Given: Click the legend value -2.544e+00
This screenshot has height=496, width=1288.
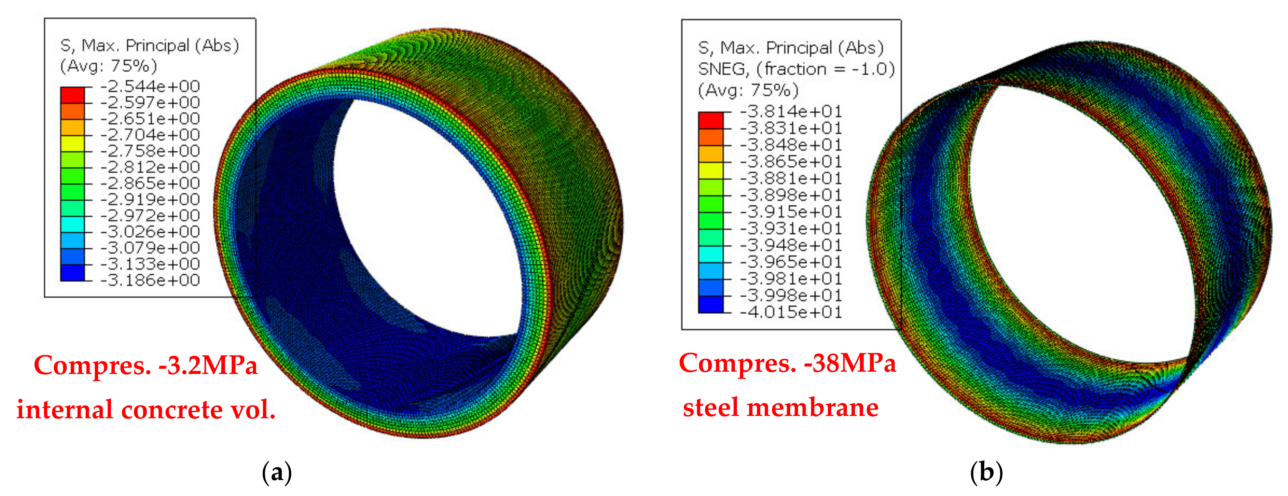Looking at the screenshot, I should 150,87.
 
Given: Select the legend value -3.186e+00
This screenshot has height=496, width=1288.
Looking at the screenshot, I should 150,280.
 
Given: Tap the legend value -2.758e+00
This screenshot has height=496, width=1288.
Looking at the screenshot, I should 150,151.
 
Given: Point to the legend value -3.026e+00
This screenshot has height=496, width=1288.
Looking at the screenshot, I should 150,231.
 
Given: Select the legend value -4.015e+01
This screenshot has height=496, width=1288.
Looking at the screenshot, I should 791,312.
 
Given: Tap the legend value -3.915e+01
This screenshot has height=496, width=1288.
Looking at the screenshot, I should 791,212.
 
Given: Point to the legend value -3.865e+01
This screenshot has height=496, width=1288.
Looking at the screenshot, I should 791,161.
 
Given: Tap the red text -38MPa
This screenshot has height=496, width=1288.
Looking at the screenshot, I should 850,364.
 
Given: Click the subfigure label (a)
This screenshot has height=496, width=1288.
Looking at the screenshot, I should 276,473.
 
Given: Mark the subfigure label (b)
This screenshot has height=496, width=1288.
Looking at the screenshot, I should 986,473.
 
